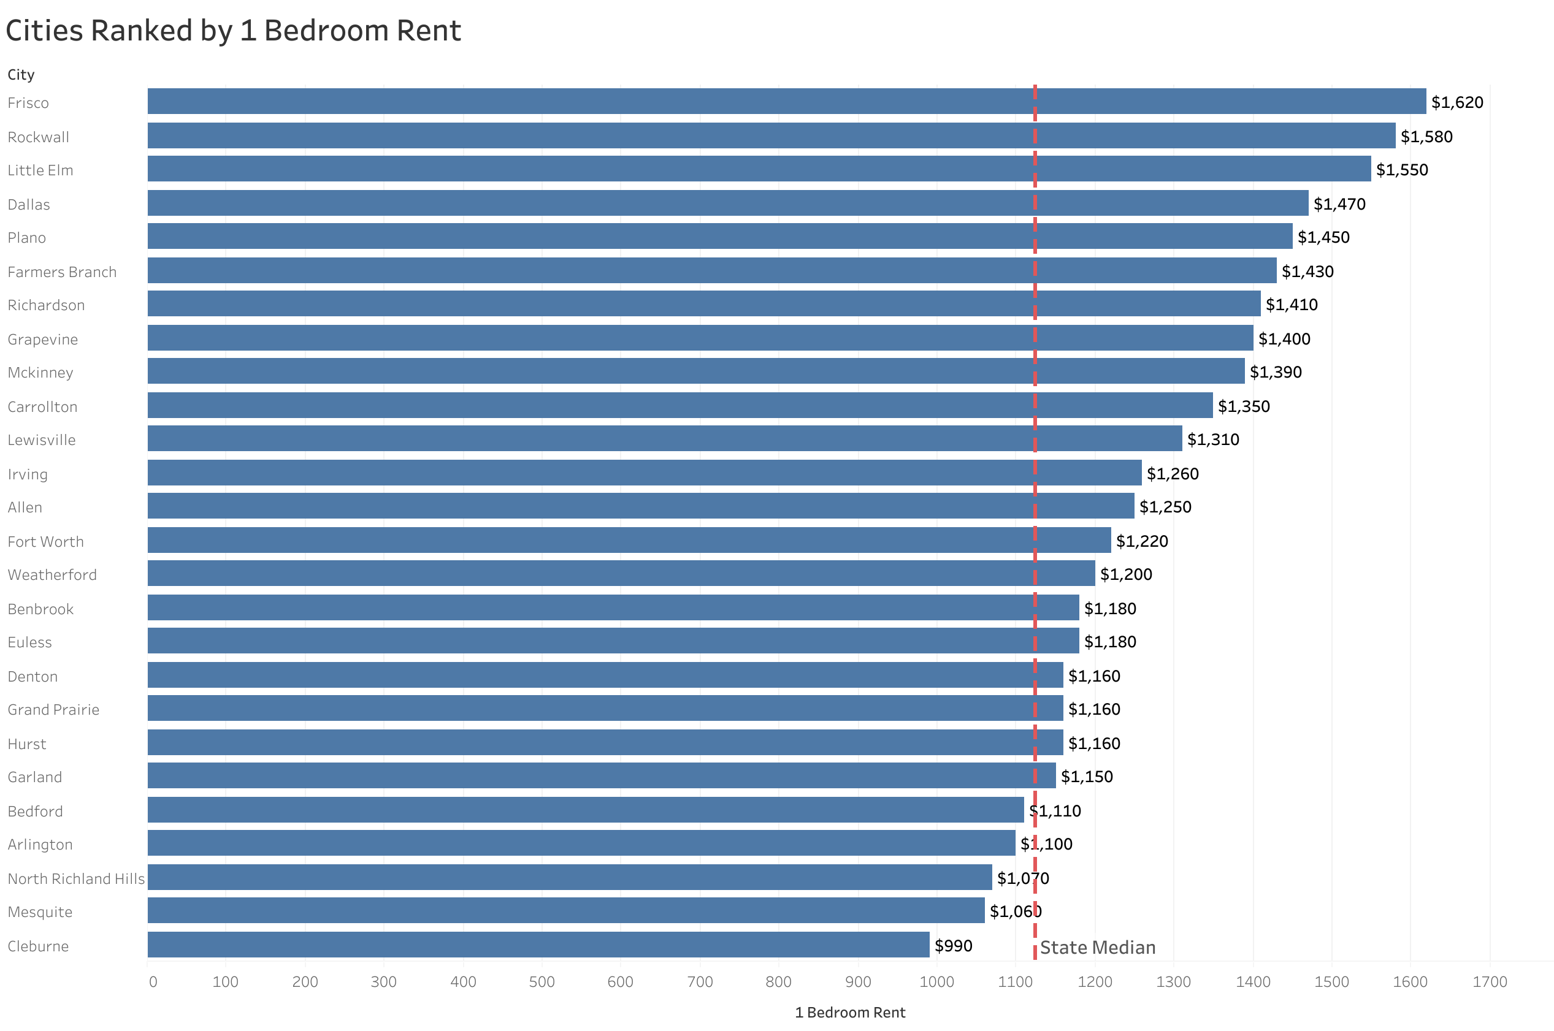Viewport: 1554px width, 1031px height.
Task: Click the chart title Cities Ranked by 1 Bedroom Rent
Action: [233, 31]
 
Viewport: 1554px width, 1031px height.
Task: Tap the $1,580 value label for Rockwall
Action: [1426, 137]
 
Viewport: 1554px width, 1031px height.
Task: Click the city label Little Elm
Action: [40, 170]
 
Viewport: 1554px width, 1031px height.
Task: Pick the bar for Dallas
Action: [727, 203]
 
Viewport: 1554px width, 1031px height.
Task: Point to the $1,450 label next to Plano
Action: [1323, 237]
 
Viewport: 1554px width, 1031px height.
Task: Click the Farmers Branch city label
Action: [62, 272]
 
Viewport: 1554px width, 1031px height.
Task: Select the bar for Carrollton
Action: [679, 406]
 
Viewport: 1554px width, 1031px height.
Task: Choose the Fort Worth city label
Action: [45, 542]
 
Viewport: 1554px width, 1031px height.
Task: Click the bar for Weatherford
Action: [620, 573]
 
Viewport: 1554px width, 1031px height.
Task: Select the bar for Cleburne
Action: [538, 945]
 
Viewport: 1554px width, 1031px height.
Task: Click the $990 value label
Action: [953, 946]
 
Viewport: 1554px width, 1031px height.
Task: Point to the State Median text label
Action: [1097, 948]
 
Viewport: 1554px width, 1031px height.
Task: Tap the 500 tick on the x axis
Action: [542, 983]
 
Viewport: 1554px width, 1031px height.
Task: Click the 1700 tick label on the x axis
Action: [1489, 983]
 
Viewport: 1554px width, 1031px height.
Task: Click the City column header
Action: [21, 75]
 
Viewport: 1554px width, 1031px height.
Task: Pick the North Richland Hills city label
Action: [75, 879]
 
